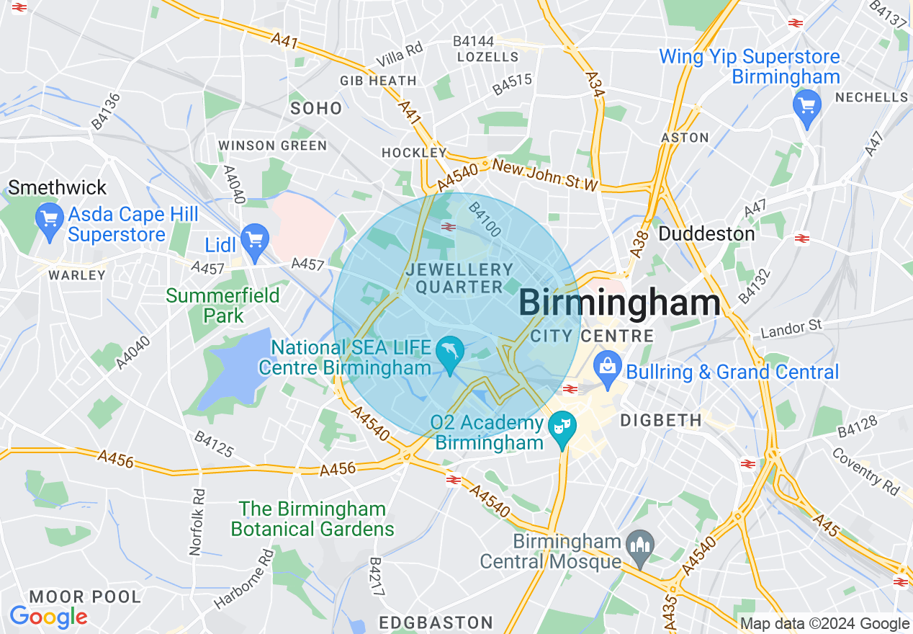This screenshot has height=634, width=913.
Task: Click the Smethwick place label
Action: [58, 188]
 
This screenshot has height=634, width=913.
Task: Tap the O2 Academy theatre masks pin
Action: [561, 427]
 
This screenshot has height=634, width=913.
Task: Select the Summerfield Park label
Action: [213, 305]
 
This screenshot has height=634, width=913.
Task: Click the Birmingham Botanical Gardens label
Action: [312, 519]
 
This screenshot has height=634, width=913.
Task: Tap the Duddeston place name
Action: [707, 234]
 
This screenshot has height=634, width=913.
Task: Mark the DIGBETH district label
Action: [660, 420]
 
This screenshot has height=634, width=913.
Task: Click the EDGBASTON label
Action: [436, 622]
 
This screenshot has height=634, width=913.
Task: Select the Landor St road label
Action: [791, 329]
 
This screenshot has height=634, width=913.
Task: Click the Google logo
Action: [48, 617]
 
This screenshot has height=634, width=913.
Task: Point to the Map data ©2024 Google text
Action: [824, 624]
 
